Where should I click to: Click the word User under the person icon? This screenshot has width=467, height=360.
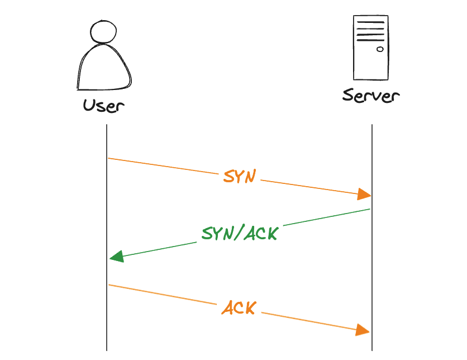[103, 106]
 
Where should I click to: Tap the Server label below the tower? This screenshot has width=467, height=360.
[371, 96]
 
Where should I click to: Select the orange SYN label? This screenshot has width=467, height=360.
[240, 176]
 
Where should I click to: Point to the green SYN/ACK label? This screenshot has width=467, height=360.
[240, 233]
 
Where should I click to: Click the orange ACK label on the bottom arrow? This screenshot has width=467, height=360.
[239, 307]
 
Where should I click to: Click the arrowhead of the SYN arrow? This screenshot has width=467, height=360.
[364, 194]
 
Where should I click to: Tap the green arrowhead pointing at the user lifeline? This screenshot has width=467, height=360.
[117, 257]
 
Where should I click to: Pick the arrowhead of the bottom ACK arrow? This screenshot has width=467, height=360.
[363, 330]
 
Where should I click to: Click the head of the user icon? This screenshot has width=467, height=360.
[103, 32]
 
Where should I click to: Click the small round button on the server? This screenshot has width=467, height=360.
[380, 49]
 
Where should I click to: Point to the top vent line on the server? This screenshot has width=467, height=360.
[371, 22]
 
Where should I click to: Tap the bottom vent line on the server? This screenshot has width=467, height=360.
[370, 40]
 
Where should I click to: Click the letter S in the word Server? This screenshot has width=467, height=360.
[348, 96]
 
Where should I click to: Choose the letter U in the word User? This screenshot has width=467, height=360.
[88, 105]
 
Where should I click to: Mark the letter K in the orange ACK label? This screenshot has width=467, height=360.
[250, 308]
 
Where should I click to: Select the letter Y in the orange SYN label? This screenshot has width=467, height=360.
[240, 177]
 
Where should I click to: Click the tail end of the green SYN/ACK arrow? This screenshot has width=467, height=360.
[370, 209]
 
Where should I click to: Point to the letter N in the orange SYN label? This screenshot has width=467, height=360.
[251, 176]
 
